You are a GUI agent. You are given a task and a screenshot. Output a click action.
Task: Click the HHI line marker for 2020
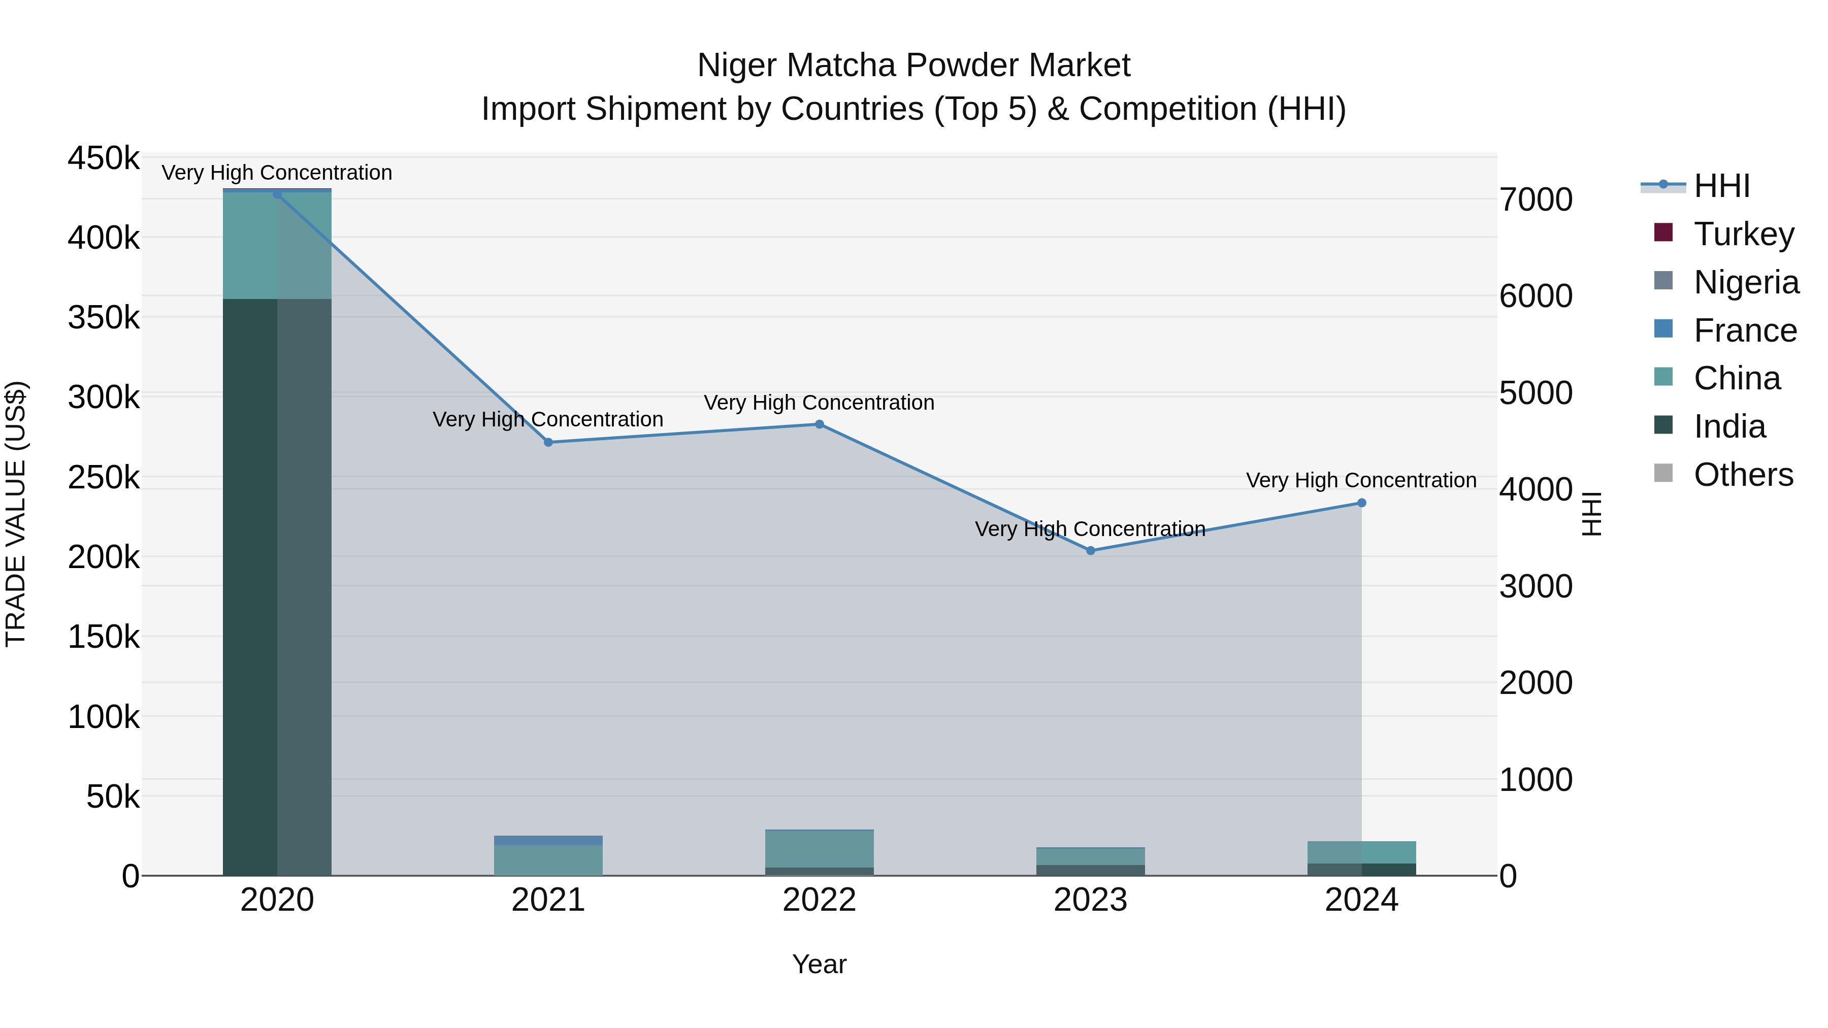277,194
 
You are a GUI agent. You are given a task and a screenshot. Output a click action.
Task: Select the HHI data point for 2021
548,442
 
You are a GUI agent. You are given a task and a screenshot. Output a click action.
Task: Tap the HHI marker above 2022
819,424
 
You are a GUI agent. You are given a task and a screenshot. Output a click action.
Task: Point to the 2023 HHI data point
1091,550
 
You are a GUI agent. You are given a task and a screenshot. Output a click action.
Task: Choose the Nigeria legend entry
1746,282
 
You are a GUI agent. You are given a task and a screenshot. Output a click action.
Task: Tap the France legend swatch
1662,329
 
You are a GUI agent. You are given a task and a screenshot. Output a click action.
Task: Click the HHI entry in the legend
1721,186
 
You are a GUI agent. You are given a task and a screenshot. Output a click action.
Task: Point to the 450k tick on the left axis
104,158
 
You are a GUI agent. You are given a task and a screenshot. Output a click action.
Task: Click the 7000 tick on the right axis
1536,200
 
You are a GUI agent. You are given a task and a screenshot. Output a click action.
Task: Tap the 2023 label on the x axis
1090,900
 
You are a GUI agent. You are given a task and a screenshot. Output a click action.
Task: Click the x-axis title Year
819,964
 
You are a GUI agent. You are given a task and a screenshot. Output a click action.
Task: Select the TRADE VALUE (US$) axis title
16,514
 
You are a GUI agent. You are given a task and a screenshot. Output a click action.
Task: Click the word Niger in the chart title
737,65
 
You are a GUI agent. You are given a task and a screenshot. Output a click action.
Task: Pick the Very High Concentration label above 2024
1360,480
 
